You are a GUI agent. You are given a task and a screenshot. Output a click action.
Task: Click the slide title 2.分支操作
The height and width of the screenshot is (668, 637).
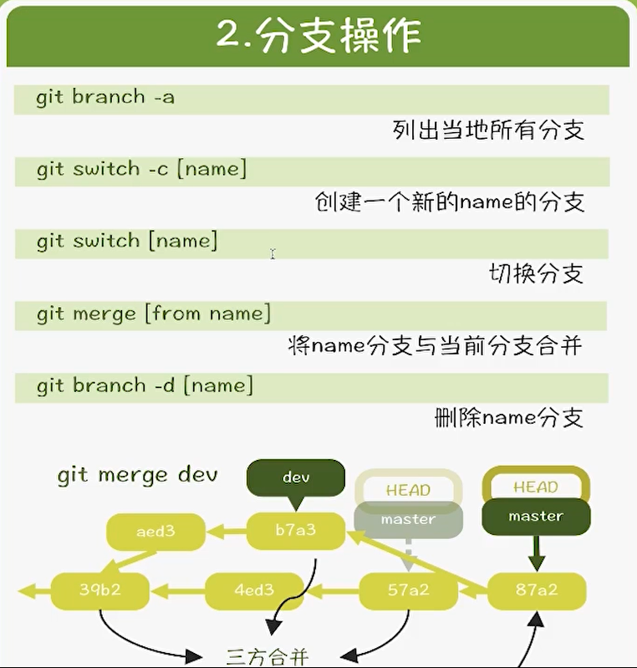pos(318,36)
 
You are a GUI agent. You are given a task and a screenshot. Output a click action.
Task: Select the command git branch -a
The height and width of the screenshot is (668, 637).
pos(105,97)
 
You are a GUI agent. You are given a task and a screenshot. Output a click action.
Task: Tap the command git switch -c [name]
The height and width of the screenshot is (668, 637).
pos(141,169)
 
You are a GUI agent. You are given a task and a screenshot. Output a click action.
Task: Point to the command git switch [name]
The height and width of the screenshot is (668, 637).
pos(127,241)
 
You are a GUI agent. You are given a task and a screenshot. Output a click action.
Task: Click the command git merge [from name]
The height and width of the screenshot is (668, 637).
pos(154,314)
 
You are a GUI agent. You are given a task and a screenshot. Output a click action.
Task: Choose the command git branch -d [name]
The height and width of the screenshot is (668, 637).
pos(145,385)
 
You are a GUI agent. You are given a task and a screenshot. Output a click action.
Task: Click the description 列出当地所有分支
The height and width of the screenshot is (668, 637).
pos(487,130)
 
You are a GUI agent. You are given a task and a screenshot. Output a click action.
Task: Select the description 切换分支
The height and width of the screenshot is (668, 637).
pos(535,273)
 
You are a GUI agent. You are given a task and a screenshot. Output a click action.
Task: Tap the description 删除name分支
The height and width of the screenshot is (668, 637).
pos(508,416)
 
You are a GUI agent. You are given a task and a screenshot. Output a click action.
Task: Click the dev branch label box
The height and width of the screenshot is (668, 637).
pos(296,477)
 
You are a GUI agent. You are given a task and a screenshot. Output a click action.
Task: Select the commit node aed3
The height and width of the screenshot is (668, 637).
pos(155,531)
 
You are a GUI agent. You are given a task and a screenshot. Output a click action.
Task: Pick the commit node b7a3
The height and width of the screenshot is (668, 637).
pos(296,531)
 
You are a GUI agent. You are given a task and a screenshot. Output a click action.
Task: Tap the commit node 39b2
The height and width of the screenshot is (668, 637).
pos(99,590)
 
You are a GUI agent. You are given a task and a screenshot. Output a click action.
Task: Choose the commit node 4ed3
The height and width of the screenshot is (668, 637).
pos(254,590)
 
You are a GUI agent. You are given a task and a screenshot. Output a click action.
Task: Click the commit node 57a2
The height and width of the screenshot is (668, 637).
pos(408,590)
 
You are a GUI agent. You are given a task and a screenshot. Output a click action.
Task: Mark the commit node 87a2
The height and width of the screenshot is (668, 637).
pos(536,590)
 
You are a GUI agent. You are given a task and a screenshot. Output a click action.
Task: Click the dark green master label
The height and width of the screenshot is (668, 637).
pos(536,517)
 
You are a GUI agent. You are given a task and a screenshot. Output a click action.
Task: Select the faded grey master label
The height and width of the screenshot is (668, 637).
pos(408,520)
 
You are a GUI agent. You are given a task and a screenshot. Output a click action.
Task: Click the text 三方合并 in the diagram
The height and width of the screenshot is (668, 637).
pos(268,656)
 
